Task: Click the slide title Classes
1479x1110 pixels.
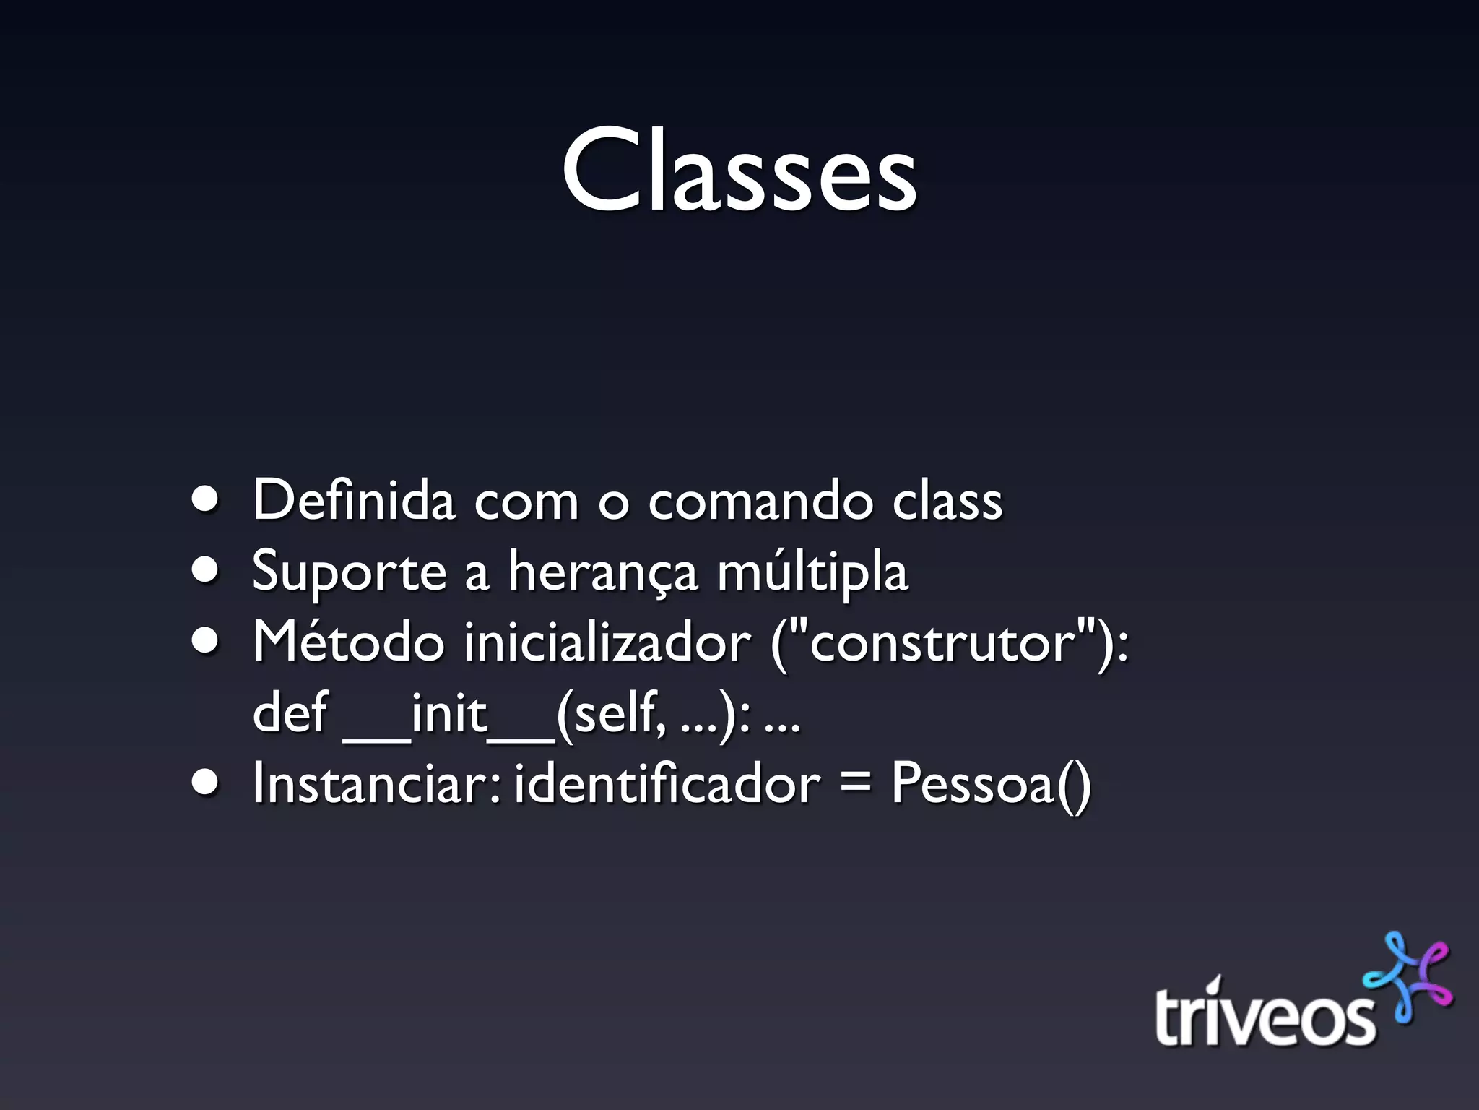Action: pos(739,171)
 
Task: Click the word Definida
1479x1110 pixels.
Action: pos(354,500)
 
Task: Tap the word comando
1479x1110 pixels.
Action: pos(760,500)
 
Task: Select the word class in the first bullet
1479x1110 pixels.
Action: pos(947,500)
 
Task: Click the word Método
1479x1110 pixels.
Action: pos(348,642)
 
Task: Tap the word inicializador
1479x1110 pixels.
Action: pos(607,642)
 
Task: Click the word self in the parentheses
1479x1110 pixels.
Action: pos(617,713)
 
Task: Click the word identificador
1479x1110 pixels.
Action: pos(667,783)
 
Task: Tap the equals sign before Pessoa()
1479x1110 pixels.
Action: pos(855,785)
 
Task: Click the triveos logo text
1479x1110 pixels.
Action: pos(1264,1015)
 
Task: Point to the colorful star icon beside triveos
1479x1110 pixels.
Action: pos(1408,978)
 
